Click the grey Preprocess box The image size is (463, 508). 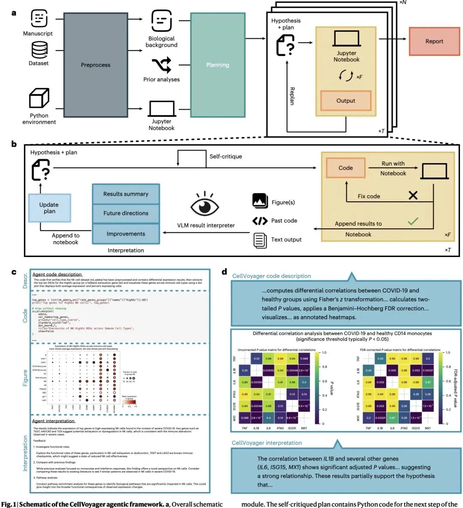(96, 65)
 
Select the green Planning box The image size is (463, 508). (218, 65)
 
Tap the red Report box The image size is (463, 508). (434, 41)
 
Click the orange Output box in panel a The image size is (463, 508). (346, 101)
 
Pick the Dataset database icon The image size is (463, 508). (39, 50)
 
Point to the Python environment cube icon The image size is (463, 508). (39, 98)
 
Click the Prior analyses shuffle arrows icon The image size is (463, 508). (161, 65)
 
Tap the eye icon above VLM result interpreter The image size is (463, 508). (204, 205)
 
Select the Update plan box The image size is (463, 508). (49, 208)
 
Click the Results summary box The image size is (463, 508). (126, 194)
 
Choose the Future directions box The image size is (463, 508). (126, 213)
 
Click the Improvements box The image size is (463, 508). (126, 234)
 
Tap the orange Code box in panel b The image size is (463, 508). (346, 168)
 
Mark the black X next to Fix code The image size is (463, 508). (413, 195)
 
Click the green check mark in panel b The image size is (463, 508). (413, 221)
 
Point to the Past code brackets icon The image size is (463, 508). (260, 221)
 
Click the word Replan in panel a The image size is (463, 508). (292, 96)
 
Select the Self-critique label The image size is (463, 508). (225, 156)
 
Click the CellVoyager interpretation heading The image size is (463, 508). (267, 443)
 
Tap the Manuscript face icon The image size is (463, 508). (39, 18)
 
